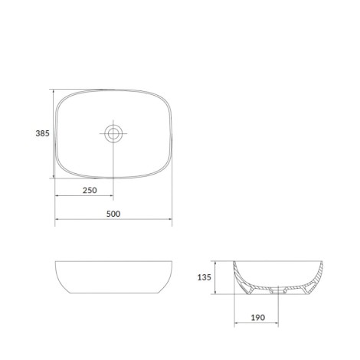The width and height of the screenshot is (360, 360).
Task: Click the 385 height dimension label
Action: pyautogui.click(x=42, y=133)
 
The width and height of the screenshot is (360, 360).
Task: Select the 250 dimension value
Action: pyautogui.click(x=90, y=190)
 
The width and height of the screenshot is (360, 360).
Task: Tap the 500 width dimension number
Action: pyautogui.click(x=113, y=214)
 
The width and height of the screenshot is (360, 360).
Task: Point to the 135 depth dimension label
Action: pyautogui.click(x=205, y=277)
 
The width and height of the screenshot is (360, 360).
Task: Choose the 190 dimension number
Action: pyautogui.click(x=258, y=317)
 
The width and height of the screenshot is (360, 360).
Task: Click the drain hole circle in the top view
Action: pyautogui.click(x=113, y=133)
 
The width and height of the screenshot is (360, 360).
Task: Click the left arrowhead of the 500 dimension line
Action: pyautogui.click(x=58, y=219)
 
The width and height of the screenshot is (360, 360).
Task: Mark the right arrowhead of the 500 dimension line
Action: pyautogui.click(x=169, y=219)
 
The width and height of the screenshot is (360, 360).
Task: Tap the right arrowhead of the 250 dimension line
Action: pyautogui.click(x=110, y=195)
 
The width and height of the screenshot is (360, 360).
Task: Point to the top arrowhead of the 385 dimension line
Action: pyautogui.click(x=54, y=92)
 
